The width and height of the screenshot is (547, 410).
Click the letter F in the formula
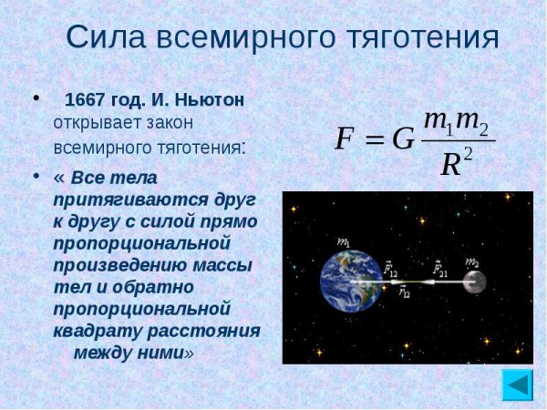[345, 138]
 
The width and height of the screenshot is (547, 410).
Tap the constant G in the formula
[403, 139]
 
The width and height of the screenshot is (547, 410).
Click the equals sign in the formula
[373, 140]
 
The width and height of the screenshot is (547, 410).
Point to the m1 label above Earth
[343, 242]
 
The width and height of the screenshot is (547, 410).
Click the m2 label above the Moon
[472, 262]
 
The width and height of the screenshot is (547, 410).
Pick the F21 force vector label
[440, 269]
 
